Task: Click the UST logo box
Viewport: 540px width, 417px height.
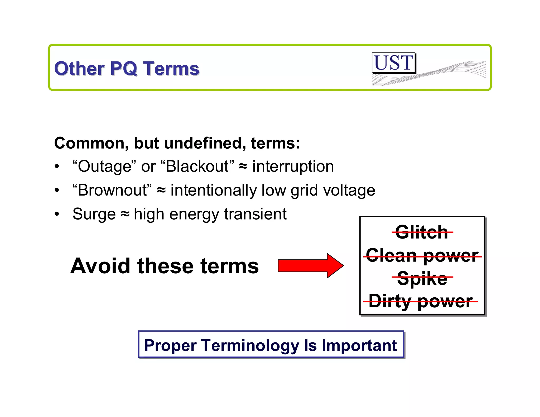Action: point(394,63)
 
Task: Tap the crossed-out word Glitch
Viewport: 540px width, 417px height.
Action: point(422,232)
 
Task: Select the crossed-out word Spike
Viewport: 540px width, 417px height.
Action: point(422,278)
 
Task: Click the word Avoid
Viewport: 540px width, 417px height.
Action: point(100,266)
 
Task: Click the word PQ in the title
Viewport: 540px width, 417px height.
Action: point(124,69)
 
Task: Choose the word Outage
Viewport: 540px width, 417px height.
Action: point(104,166)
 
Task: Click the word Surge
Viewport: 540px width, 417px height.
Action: point(94,214)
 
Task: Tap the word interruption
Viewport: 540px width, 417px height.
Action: point(293,166)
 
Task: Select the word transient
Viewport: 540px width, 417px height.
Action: point(255,214)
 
